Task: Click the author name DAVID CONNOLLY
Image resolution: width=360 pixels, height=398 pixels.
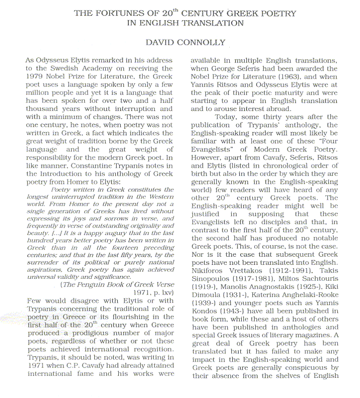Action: tap(185, 43)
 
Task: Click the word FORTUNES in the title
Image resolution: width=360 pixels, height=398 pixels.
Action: tap(112, 13)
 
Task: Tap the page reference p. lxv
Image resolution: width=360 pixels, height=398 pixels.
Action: tap(161, 292)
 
